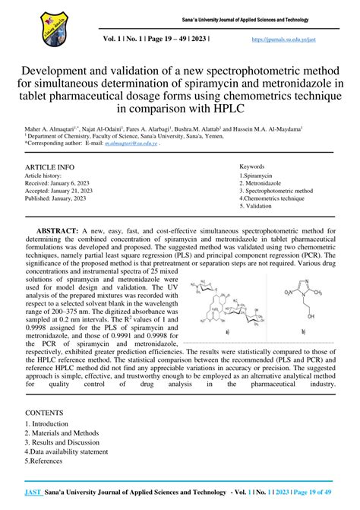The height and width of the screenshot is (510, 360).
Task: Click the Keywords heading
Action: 251,166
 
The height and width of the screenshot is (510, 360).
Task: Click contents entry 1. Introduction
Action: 48,424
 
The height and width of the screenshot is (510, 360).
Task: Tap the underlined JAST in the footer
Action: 33,493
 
